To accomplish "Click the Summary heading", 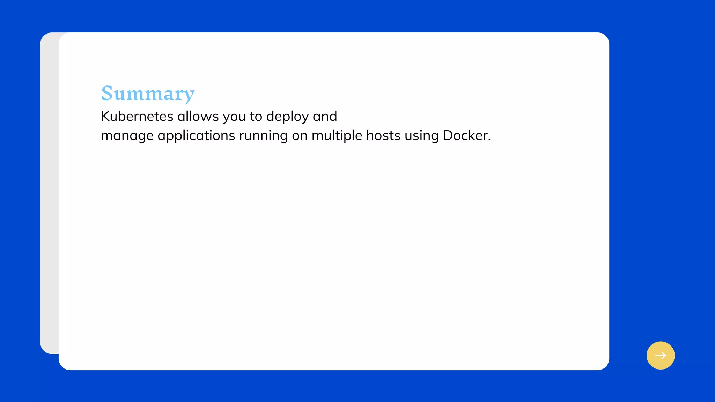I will [148, 94].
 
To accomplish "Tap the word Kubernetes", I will [137, 116].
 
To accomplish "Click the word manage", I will [127, 136].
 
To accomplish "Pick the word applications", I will [196, 136].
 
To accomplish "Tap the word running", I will [263, 136].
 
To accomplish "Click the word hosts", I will [383, 135].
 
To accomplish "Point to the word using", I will [421, 136].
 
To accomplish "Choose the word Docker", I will [465, 135].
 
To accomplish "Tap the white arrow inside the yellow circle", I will [661, 356].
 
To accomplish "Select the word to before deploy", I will [256, 116].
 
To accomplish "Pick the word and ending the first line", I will [325, 116].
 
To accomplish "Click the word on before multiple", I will [300, 136].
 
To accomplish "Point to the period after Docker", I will [489, 140].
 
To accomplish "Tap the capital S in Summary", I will [107, 94].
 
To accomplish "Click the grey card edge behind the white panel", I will [49, 192].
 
